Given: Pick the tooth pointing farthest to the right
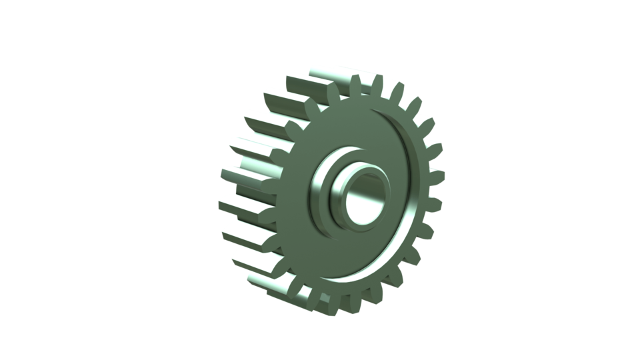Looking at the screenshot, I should (x=437, y=176).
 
